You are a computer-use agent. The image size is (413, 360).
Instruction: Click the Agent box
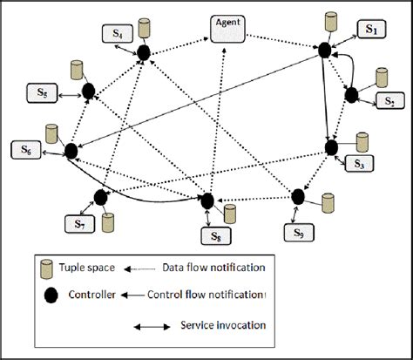click(x=229, y=26)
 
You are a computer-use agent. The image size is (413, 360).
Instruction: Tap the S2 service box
click(x=390, y=101)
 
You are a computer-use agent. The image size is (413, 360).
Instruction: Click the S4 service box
click(x=118, y=34)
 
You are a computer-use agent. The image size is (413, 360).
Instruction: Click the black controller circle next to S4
click(x=144, y=53)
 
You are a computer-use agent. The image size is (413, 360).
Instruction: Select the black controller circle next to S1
click(x=325, y=51)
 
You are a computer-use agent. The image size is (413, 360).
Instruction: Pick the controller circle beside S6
click(x=71, y=152)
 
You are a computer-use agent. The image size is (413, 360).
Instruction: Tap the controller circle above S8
click(x=207, y=201)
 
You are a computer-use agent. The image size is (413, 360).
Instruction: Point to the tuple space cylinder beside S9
click(x=328, y=202)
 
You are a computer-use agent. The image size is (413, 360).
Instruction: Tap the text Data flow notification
click(x=211, y=266)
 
